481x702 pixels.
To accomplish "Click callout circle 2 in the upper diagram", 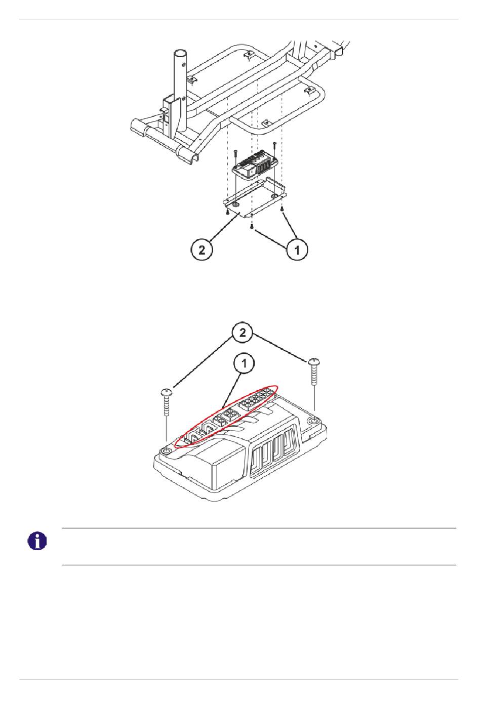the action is [202, 250].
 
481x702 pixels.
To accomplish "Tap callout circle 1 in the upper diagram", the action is [297, 250].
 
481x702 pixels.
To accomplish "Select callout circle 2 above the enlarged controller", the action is [243, 333].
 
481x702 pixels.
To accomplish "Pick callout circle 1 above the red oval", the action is [244, 363].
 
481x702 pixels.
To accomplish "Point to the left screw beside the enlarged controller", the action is [166, 402].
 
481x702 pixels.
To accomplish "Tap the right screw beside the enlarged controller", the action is [314, 371].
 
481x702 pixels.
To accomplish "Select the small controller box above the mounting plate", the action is [255, 165].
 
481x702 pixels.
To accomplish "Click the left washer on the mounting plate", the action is [235, 205].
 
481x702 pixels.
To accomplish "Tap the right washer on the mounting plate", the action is [274, 196].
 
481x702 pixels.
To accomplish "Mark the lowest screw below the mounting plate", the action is [252, 226].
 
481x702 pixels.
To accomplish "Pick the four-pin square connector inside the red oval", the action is [230, 416].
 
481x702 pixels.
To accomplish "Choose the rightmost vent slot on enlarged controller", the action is [289, 442].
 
